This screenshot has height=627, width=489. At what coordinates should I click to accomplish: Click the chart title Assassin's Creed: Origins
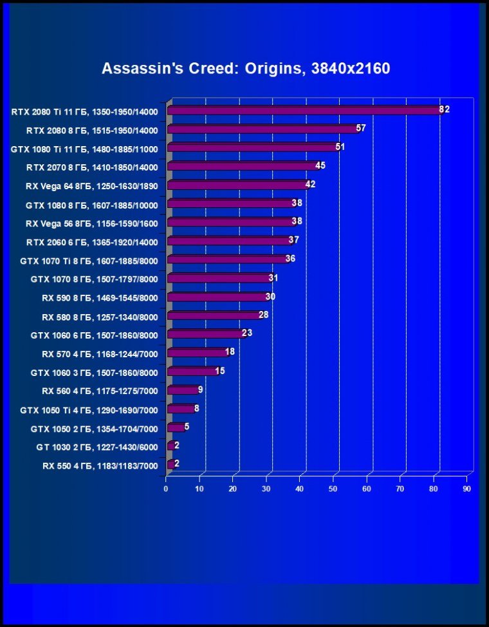(246, 68)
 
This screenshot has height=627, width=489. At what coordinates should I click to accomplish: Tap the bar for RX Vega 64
(237, 185)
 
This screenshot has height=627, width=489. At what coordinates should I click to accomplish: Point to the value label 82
(444, 109)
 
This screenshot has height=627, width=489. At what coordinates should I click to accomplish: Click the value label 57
(360, 128)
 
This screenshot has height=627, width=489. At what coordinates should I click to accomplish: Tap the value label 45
(320, 165)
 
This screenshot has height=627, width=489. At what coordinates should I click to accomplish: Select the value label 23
(247, 333)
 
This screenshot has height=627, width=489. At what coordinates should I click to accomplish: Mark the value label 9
(201, 389)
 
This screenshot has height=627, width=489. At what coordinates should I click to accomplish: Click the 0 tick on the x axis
(166, 489)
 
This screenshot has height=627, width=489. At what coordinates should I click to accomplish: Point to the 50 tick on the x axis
(333, 489)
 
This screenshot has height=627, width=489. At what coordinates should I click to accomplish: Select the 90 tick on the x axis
(467, 489)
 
